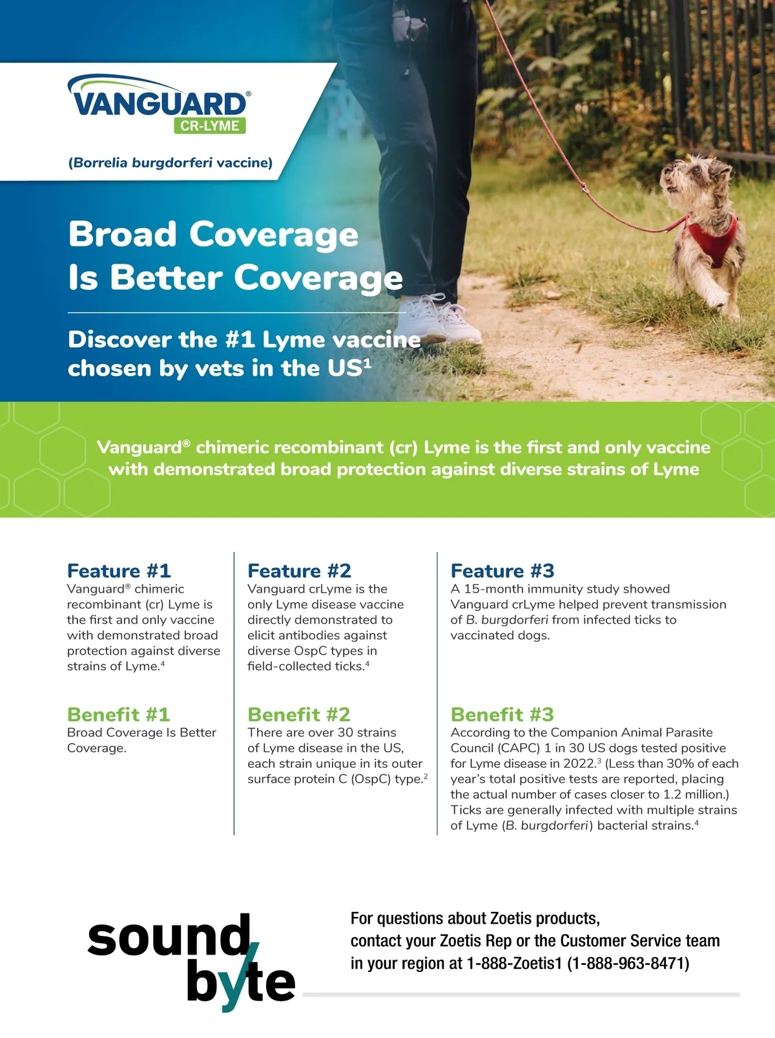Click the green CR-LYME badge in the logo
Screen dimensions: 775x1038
click(210, 126)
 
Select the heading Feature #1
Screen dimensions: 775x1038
click(119, 571)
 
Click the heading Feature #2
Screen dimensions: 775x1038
click(300, 571)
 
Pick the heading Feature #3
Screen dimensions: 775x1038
click(503, 571)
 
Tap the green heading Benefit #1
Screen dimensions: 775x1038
click(119, 715)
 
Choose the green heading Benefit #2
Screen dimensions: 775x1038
click(299, 715)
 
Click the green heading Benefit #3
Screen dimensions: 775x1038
click(502, 715)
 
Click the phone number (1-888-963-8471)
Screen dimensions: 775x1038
click(628, 963)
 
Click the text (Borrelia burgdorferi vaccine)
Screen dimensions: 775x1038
click(170, 163)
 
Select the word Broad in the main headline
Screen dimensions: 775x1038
click(123, 234)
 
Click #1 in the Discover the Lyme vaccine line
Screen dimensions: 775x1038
click(240, 339)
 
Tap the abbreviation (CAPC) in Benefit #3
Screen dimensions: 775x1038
click(519, 748)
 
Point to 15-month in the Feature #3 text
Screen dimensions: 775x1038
click(494, 589)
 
